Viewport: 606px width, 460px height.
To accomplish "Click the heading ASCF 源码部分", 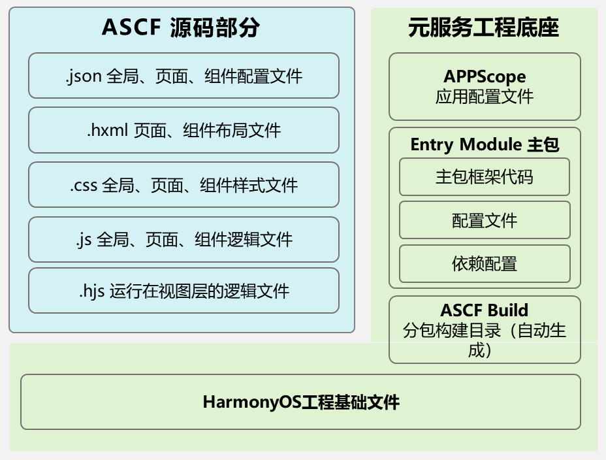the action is (x=180, y=27).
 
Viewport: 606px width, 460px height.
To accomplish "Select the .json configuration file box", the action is (x=184, y=76).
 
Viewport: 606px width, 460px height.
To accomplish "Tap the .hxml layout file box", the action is (x=184, y=130).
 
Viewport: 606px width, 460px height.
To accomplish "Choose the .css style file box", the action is (x=184, y=185).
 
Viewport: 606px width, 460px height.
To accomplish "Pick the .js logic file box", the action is (x=184, y=240).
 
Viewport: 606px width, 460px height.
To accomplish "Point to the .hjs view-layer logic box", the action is (x=184, y=291).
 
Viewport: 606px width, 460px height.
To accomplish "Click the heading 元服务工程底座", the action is (x=483, y=27).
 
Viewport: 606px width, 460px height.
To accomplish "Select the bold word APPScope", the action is (x=485, y=76).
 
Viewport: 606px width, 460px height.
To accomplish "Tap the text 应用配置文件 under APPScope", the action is (x=485, y=97).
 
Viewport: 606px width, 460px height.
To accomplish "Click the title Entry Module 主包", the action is (x=485, y=144).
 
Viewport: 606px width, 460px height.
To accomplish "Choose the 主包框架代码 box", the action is (x=485, y=176).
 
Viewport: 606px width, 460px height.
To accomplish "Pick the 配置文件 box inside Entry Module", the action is (x=485, y=220).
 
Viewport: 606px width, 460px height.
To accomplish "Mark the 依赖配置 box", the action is (x=485, y=263).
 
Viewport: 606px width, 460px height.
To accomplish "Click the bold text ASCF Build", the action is (x=485, y=310).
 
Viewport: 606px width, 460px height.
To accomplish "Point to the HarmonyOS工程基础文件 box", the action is (x=300, y=402).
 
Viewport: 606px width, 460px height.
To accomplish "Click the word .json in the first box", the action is (x=84, y=76).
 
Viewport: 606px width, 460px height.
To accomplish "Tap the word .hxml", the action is (x=108, y=130).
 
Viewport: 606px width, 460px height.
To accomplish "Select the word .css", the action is (x=84, y=186).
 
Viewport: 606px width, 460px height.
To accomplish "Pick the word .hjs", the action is (x=92, y=291).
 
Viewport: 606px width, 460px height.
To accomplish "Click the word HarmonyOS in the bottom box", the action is (x=252, y=402).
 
